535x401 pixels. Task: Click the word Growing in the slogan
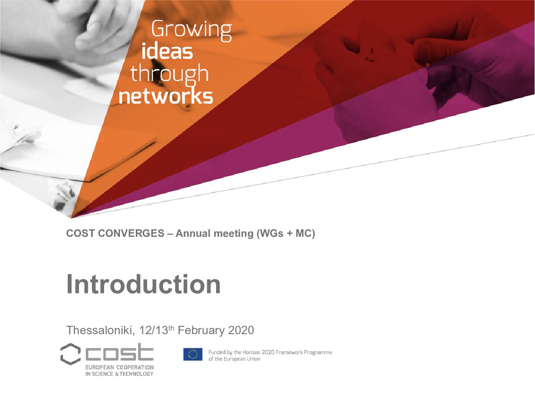[191, 31]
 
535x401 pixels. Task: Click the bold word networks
[166, 96]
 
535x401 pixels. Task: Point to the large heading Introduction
[143, 284]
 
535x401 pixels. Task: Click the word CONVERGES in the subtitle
[131, 233]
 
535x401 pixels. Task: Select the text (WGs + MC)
[285, 233]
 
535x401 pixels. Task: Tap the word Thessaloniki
[101, 330]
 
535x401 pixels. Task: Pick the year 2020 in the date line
[241, 330]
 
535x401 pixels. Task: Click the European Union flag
[193, 354]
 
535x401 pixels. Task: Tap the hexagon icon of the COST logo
[71, 354]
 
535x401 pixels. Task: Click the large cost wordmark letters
[119, 352]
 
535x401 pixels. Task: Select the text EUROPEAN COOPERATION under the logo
[120, 367]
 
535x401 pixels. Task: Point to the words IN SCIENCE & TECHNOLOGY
[119, 374]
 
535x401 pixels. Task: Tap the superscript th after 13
[171, 327]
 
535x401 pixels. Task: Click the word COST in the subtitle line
[80, 233]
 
